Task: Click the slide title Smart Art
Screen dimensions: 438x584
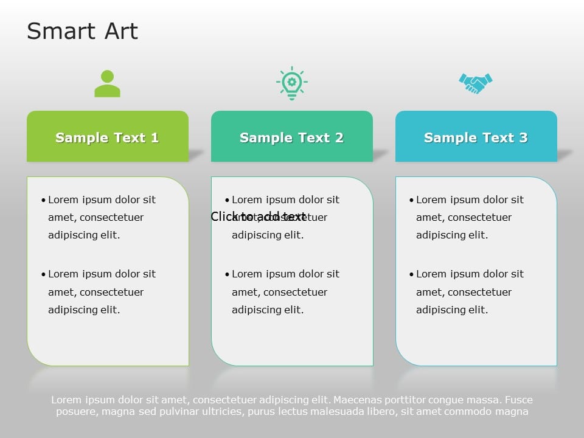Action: pos(82,32)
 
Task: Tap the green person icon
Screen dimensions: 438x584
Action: pos(107,84)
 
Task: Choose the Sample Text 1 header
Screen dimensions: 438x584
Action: pos(107,137)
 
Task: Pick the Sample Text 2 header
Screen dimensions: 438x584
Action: pos(291,137)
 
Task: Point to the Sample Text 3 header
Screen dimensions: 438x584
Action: pos(476,137)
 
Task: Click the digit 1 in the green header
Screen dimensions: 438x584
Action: pos(155,138)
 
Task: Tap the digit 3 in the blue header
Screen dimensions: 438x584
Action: pos(523,138)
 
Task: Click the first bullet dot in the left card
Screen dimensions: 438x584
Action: pos(43,200)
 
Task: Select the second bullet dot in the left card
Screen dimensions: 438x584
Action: pos(43,274)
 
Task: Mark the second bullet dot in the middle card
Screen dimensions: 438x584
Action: pos(227,274)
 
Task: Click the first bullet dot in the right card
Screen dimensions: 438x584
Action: pos(411,200)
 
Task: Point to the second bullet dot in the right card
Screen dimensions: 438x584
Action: pos(411,274)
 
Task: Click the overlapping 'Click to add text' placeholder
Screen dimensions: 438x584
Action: pos(259,217)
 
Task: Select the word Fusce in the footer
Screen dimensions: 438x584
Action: pos(519,400)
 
